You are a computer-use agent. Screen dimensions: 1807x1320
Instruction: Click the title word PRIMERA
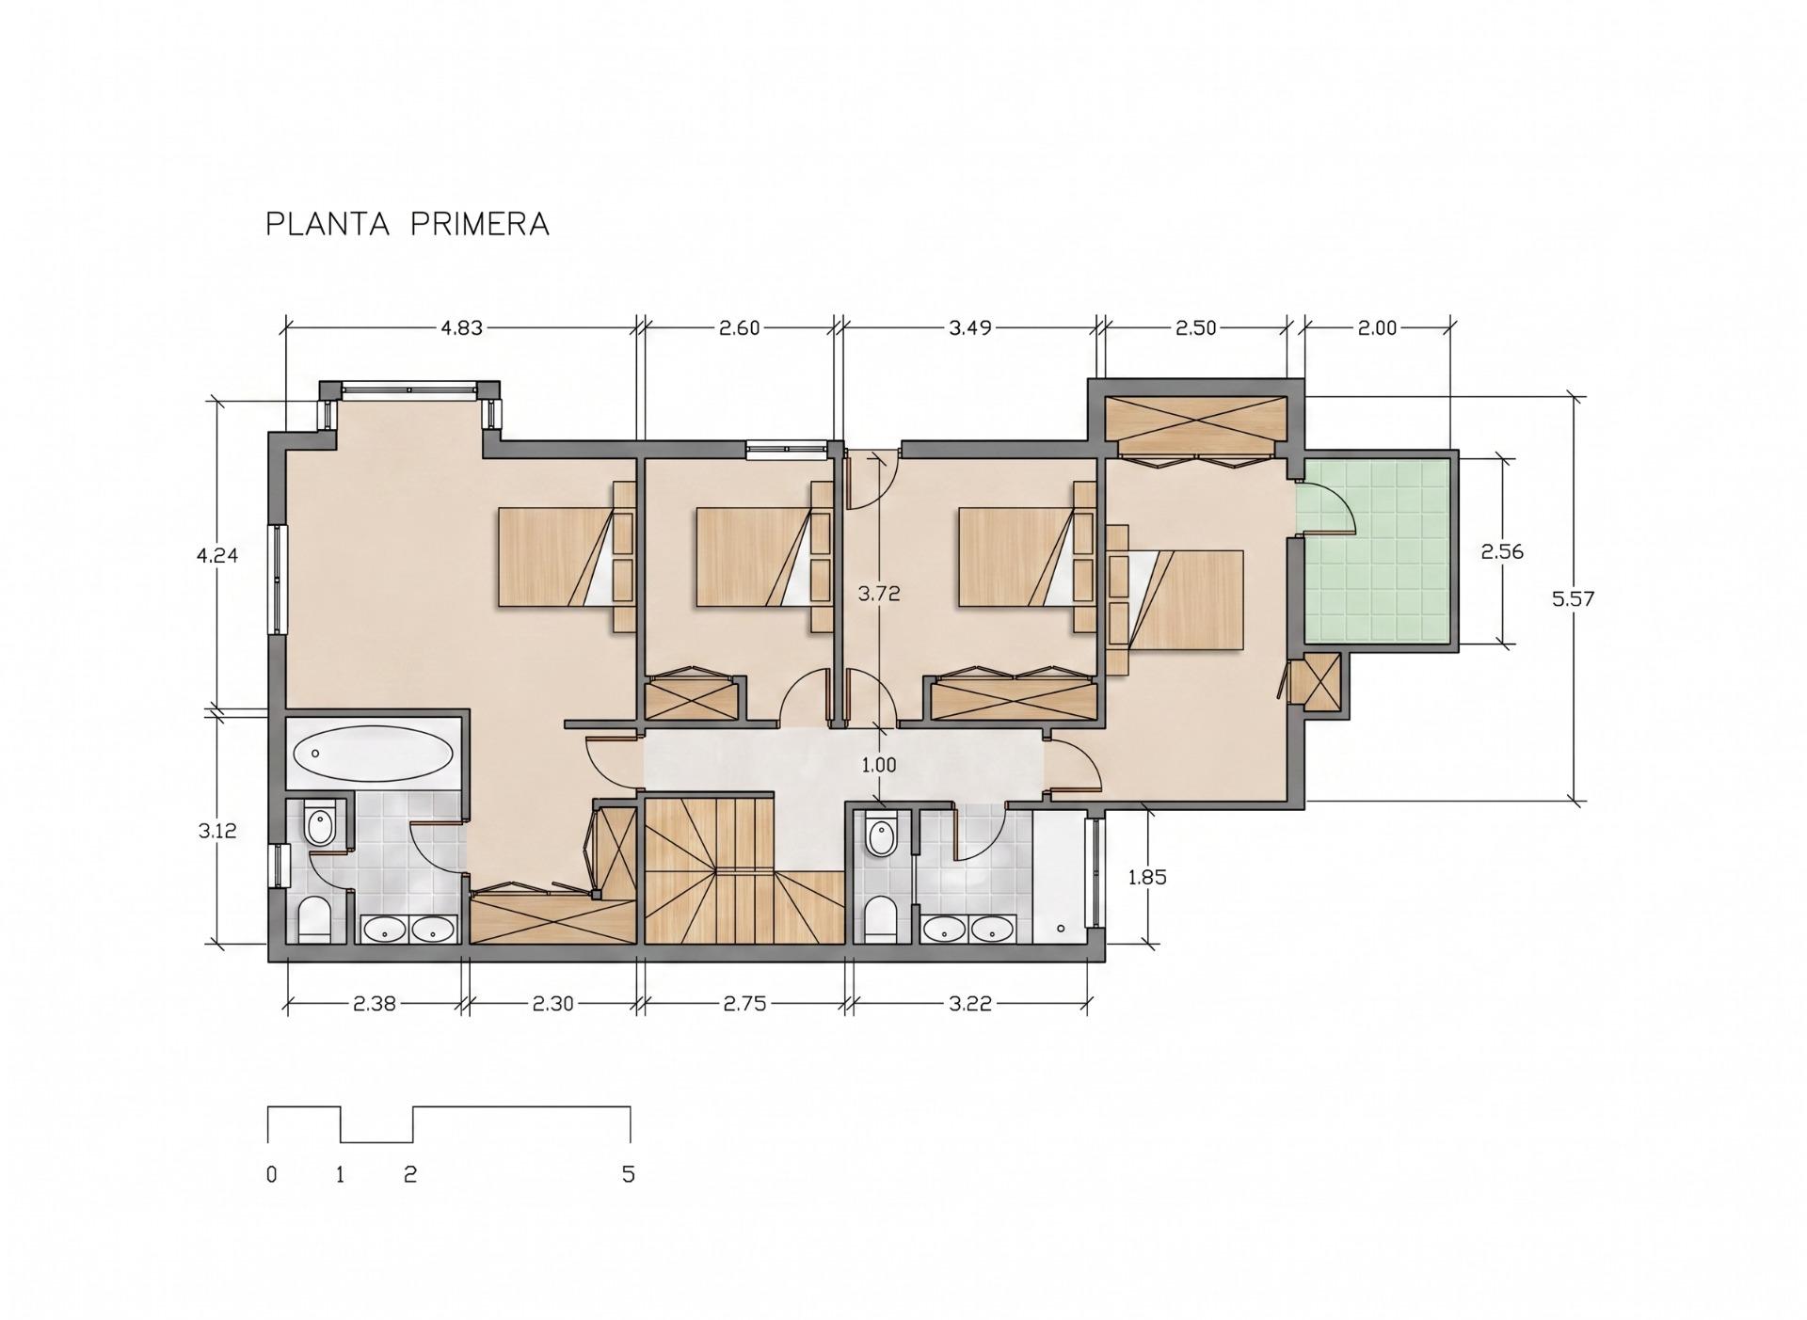480,224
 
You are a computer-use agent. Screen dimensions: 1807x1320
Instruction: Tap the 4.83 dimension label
461,327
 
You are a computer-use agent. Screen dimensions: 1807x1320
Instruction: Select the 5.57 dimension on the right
1573,597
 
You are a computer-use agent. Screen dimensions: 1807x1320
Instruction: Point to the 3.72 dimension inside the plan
879,593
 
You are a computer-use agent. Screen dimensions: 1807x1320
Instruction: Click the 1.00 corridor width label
879,765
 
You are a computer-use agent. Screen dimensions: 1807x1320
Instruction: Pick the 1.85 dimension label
1147,877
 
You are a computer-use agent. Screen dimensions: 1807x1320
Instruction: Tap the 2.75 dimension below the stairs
744,1004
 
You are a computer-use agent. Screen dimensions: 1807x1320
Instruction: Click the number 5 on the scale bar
629,1174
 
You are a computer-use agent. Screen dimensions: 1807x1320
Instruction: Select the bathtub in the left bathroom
375,754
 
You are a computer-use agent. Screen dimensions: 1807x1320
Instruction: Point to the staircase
744,869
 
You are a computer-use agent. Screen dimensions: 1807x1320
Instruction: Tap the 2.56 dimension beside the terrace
1502,551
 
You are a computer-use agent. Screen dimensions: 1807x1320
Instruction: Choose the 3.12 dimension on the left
217,831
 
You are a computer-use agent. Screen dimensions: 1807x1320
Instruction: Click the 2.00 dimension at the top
1377,327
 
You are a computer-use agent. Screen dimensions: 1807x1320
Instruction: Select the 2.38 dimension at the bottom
374,1004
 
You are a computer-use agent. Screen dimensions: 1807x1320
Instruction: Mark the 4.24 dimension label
217,555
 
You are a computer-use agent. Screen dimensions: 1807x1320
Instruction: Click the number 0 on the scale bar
272,1174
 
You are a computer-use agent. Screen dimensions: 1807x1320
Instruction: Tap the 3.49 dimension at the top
970,327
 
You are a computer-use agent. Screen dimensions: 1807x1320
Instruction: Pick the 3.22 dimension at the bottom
970,1004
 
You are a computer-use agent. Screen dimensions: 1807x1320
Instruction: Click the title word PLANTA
327,224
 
